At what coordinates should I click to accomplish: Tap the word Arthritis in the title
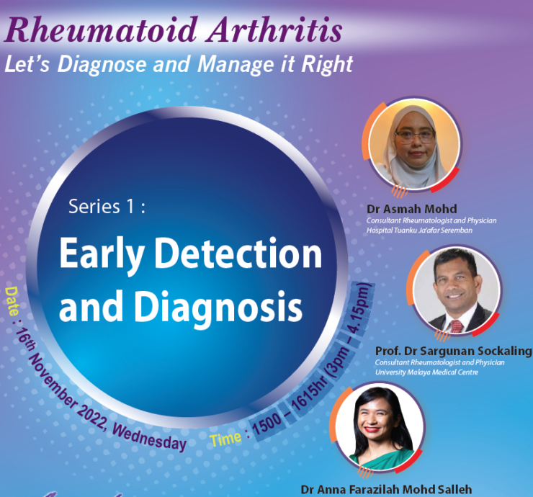[275, 30]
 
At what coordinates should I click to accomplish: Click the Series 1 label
[107, 206]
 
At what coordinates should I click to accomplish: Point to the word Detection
[238, 254]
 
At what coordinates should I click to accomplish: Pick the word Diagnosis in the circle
[218, 307]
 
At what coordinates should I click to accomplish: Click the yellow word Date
[12, 301]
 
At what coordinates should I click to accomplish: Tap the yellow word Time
[225, 439]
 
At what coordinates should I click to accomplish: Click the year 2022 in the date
[91, 415]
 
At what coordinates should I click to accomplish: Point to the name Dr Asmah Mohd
[412, 208]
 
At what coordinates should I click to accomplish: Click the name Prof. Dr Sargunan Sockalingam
[454, 351]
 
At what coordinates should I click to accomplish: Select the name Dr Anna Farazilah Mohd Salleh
[386, 490]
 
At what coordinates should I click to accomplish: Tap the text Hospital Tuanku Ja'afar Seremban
[419, 230]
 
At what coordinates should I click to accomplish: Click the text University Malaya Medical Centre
[426, 372]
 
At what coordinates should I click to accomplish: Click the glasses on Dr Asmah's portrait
[415, 136]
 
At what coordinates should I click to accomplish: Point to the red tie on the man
[457, 326]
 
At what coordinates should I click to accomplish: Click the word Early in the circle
[101, 255]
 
